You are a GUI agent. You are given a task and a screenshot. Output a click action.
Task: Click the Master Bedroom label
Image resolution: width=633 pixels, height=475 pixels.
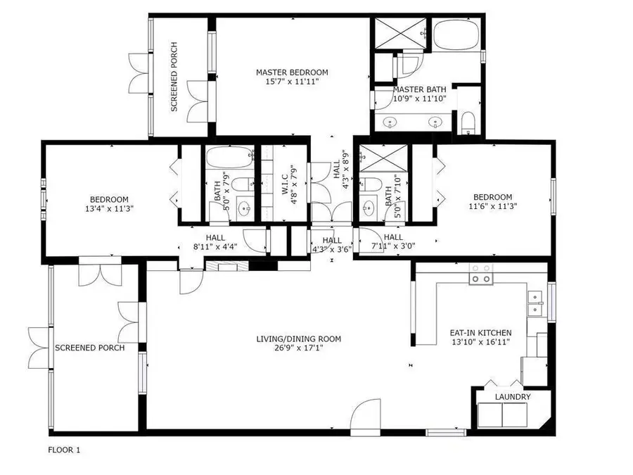(292, 72)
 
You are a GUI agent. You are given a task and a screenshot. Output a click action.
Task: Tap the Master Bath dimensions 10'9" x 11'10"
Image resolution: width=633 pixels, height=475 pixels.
(419, 99)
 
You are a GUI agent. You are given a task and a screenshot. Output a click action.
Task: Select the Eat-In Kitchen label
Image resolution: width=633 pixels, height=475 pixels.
(480, 333)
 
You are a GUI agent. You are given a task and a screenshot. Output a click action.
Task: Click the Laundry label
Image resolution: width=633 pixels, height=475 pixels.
(512, 397)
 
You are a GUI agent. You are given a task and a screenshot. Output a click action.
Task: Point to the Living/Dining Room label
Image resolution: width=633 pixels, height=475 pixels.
(298, 339)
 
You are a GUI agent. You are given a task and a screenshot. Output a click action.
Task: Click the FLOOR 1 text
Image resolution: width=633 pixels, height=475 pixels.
(64, 450)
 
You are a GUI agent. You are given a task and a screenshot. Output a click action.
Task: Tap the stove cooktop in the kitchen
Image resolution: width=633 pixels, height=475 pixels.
(480, 274)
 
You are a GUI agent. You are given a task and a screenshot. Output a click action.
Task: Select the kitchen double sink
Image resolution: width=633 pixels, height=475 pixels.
(536, 303)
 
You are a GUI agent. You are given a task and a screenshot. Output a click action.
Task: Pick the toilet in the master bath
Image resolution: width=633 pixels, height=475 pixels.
(469, 123)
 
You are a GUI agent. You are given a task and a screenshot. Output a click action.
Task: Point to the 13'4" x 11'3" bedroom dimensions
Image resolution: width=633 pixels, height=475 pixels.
(109, 208)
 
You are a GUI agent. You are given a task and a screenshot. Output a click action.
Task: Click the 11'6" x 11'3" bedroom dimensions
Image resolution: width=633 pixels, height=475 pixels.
(492, 206)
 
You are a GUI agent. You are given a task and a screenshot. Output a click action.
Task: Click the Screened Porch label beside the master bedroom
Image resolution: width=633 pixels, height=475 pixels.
(174, 78)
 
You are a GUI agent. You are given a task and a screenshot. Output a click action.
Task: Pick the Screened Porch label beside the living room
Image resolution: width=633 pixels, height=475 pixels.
(90, 348)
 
